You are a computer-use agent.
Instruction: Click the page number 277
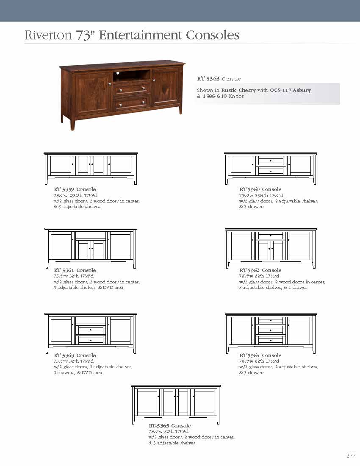tap(351, 456)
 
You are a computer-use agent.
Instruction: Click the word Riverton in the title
tap(48, 35)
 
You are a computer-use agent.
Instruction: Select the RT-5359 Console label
tap(75, 189)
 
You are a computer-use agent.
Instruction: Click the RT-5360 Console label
tap(260, 189)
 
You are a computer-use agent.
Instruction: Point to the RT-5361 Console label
tap(75, 270)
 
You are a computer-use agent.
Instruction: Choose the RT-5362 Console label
tap(260, 270)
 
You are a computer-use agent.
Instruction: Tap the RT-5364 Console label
tap(260, 355)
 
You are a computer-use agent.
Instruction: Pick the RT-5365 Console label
tap(169, 426)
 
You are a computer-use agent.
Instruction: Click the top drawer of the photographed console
tap(132, 89)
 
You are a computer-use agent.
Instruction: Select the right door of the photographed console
tap(166, 87)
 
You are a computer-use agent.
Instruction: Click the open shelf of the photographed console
tap(132, 75)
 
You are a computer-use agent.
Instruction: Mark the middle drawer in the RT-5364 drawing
tap(271, 330)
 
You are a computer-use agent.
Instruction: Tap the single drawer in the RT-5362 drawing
tap(271, 235)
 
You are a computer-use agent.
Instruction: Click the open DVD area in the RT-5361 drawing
tap(91, 235)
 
